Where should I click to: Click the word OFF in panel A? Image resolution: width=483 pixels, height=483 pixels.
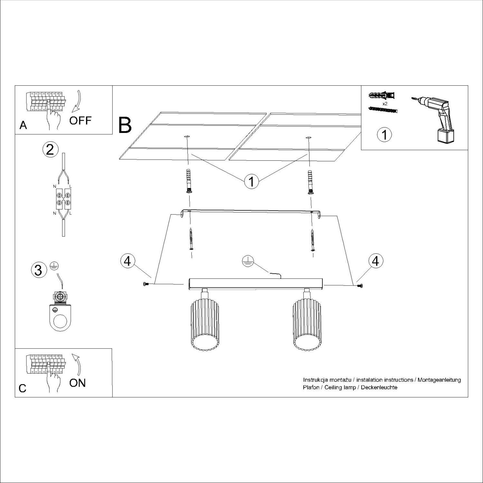[80, 121]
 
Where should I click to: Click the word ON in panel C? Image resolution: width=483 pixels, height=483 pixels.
[78, 383]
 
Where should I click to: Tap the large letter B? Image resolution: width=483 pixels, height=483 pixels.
[125, 126]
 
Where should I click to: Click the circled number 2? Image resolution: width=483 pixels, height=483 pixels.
[50, 150]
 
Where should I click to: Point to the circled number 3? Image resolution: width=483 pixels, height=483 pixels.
[38, 270]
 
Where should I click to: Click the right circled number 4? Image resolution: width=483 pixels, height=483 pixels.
[375, 261]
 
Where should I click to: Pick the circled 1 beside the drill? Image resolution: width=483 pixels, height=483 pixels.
[384, 135]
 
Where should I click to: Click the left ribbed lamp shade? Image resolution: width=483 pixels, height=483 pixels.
[205, 325]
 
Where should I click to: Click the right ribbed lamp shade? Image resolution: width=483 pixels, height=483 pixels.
[307, 325]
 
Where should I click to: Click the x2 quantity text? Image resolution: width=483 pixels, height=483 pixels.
[384, 104]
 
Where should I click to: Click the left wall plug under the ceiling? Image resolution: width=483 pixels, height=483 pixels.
[188, 181]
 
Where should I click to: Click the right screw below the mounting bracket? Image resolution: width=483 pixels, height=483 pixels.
[312, 240]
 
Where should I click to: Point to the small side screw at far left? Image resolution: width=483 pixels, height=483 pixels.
[145, 284]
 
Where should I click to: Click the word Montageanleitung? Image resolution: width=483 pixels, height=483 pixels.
[439, 380]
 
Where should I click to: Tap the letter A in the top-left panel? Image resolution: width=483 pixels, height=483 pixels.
[23, 125]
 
